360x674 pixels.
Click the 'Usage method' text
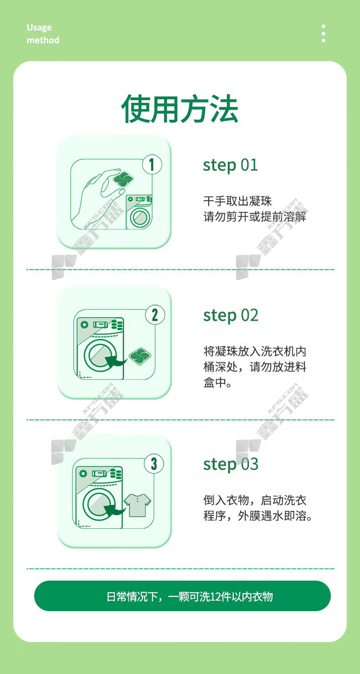(43, 34)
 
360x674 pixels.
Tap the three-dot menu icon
(324, 33)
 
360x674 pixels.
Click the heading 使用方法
(180, 108)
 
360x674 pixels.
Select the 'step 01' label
(230, 165)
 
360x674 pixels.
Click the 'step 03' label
(231, 465)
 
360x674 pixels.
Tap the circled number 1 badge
(152, 164)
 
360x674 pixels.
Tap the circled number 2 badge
(155, 315)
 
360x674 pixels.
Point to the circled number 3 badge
(154, 464)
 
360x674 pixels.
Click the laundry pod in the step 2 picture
(140, 356)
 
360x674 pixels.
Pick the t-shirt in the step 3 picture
(137, 505)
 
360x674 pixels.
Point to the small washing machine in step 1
(139, 212)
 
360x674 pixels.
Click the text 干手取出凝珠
(237, 201)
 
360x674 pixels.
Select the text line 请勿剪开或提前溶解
(255, 217)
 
